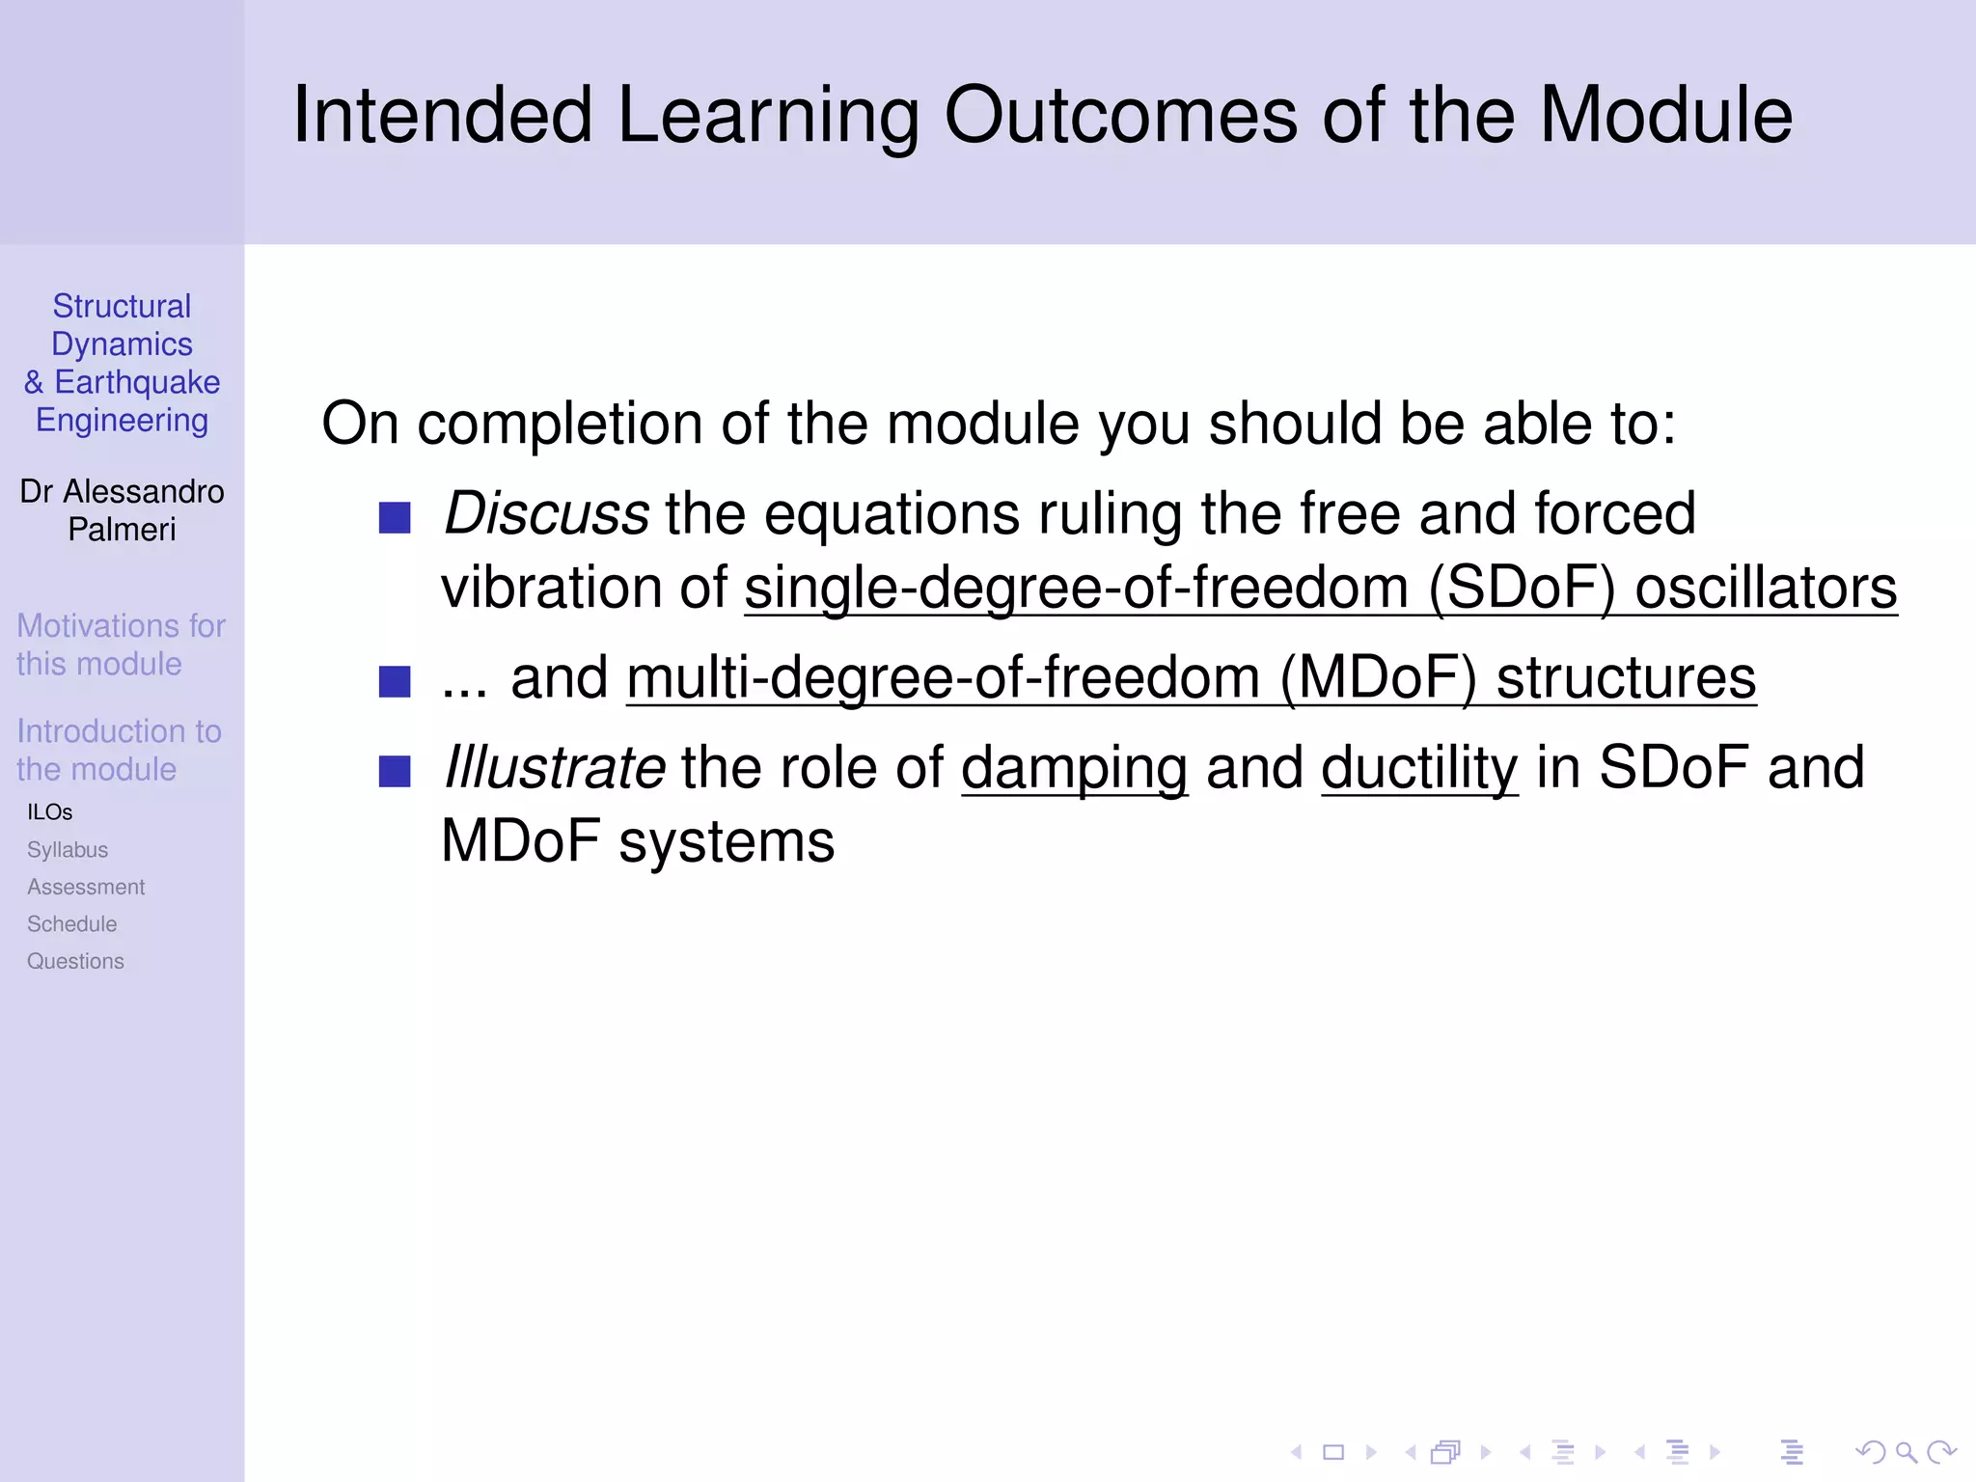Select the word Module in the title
pos(1665,116)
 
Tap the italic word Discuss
pos(546,513)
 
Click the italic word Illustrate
pos(554,768)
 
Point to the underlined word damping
pos(1074,770)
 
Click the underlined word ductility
pos(1419,768)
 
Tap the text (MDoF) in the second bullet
pos(1379,677)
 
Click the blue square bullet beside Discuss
pos(395,518)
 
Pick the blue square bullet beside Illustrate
pos(395,772)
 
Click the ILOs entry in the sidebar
pos(50,812)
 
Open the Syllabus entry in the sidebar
pos(68,850)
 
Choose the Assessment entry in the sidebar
pos(86,887)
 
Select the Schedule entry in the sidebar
pos(72,924)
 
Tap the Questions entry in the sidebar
pos(75,961)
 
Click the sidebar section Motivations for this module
pos(121,645)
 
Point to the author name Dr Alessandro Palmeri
pos(122,510)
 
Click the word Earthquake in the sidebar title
pos(137,382)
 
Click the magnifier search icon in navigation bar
pos(1906,1452)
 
